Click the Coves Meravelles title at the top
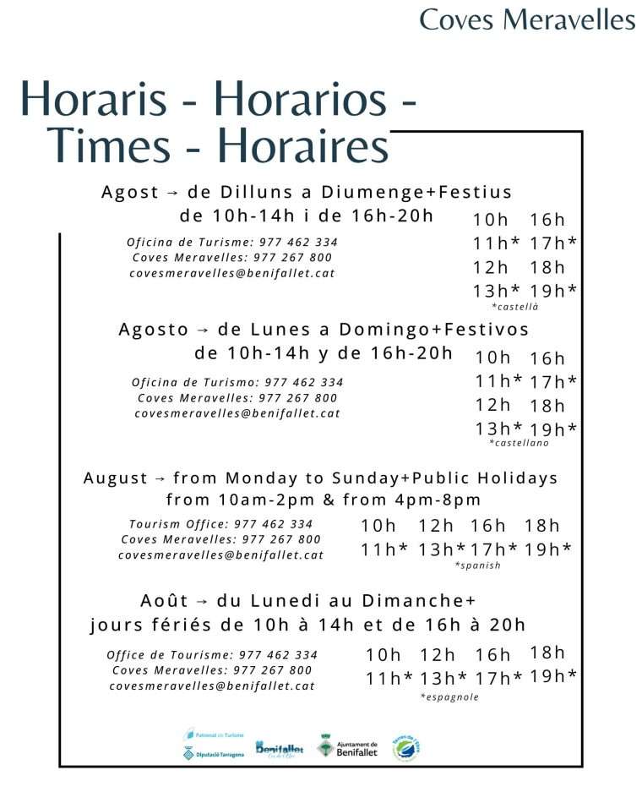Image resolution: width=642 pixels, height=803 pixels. tap(527, 19)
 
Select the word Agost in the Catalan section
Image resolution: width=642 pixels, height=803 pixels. tap(130, 193)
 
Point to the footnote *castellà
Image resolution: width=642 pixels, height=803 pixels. tap(514, 307)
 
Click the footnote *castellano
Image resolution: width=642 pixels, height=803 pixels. tap(519, 443)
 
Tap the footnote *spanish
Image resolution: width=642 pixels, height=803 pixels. tap(477, 565)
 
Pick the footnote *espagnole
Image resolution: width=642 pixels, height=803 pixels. tap(449, 697)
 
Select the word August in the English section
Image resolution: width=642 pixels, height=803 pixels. tap(114, 478)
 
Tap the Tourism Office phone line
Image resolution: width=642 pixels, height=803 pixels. tap(220, 524)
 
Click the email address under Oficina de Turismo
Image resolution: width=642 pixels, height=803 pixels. tap(237, 413)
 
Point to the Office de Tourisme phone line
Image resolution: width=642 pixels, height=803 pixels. tap(212, 655)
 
